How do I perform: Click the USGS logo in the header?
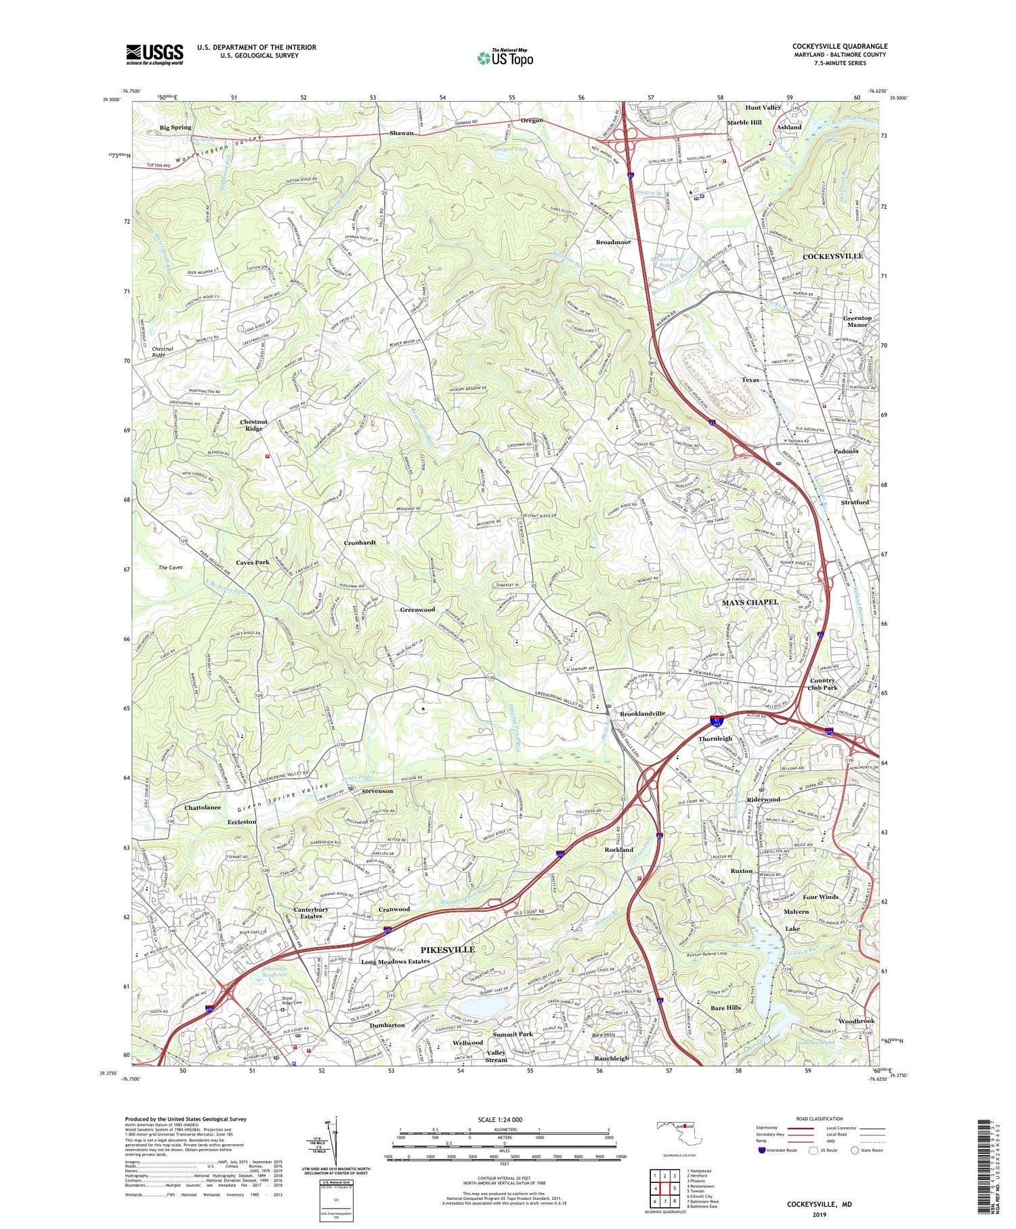tap(154, 54)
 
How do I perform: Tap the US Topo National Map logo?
tap(505, 58)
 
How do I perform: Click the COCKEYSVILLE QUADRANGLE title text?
tap(839, 47)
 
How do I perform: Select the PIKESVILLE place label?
tap(448, 950)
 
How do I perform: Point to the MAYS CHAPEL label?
tap(750, 602)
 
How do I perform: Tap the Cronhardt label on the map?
tap(360, 542)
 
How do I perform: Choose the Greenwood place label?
tap(417, 609)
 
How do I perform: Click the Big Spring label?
tap(175, 127)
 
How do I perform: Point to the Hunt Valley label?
tap(763, 108)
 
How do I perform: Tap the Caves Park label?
tap(253, 562)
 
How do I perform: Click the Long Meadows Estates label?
tap(395, 961)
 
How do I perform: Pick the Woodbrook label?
tap(856, 1021)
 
